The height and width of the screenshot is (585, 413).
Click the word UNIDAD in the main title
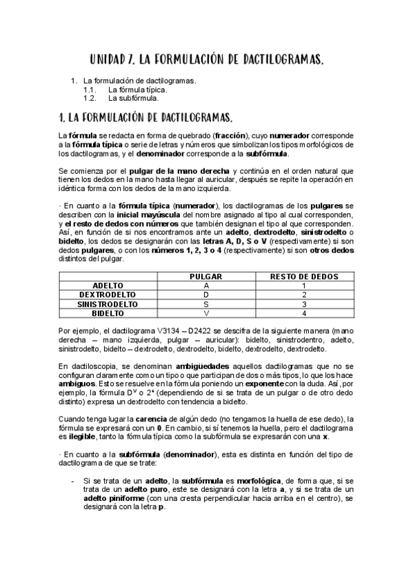tap(114, 61)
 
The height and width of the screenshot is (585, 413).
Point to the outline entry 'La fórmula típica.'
tap(137, 90)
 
